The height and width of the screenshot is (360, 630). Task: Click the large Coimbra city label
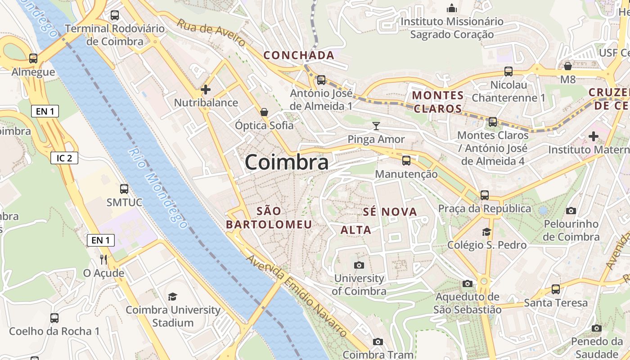(286, 162)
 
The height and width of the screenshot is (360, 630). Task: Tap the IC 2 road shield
(64, 158)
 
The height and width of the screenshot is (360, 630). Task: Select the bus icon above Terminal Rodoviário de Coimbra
(115, 15)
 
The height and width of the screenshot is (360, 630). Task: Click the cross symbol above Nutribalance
(206, 90)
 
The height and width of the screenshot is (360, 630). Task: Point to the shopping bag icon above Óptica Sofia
(264, 112)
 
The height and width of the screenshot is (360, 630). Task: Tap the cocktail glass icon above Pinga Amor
(376, 126)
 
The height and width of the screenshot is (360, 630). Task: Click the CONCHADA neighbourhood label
(299, 55)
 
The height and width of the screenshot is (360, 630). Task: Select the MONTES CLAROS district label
(438, 102)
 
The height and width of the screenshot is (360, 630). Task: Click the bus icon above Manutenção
(406, 160)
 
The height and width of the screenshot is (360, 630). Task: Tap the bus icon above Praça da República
(485, 195)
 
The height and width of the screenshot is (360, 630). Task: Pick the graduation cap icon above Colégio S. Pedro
(486, 232)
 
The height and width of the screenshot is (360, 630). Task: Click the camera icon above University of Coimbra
(359, 265)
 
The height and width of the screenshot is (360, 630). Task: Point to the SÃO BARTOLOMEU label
(269, 217)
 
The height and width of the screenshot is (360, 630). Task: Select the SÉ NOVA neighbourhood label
(390, 211)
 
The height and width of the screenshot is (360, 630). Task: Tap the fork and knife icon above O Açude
(103, 259)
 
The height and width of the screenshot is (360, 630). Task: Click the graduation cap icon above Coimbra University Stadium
(172, 297)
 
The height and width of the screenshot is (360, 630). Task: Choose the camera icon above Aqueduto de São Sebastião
(468, 283)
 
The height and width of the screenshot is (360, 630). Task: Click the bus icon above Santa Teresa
(556, 289)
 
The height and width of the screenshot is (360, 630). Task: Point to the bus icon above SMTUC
(124, 189)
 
